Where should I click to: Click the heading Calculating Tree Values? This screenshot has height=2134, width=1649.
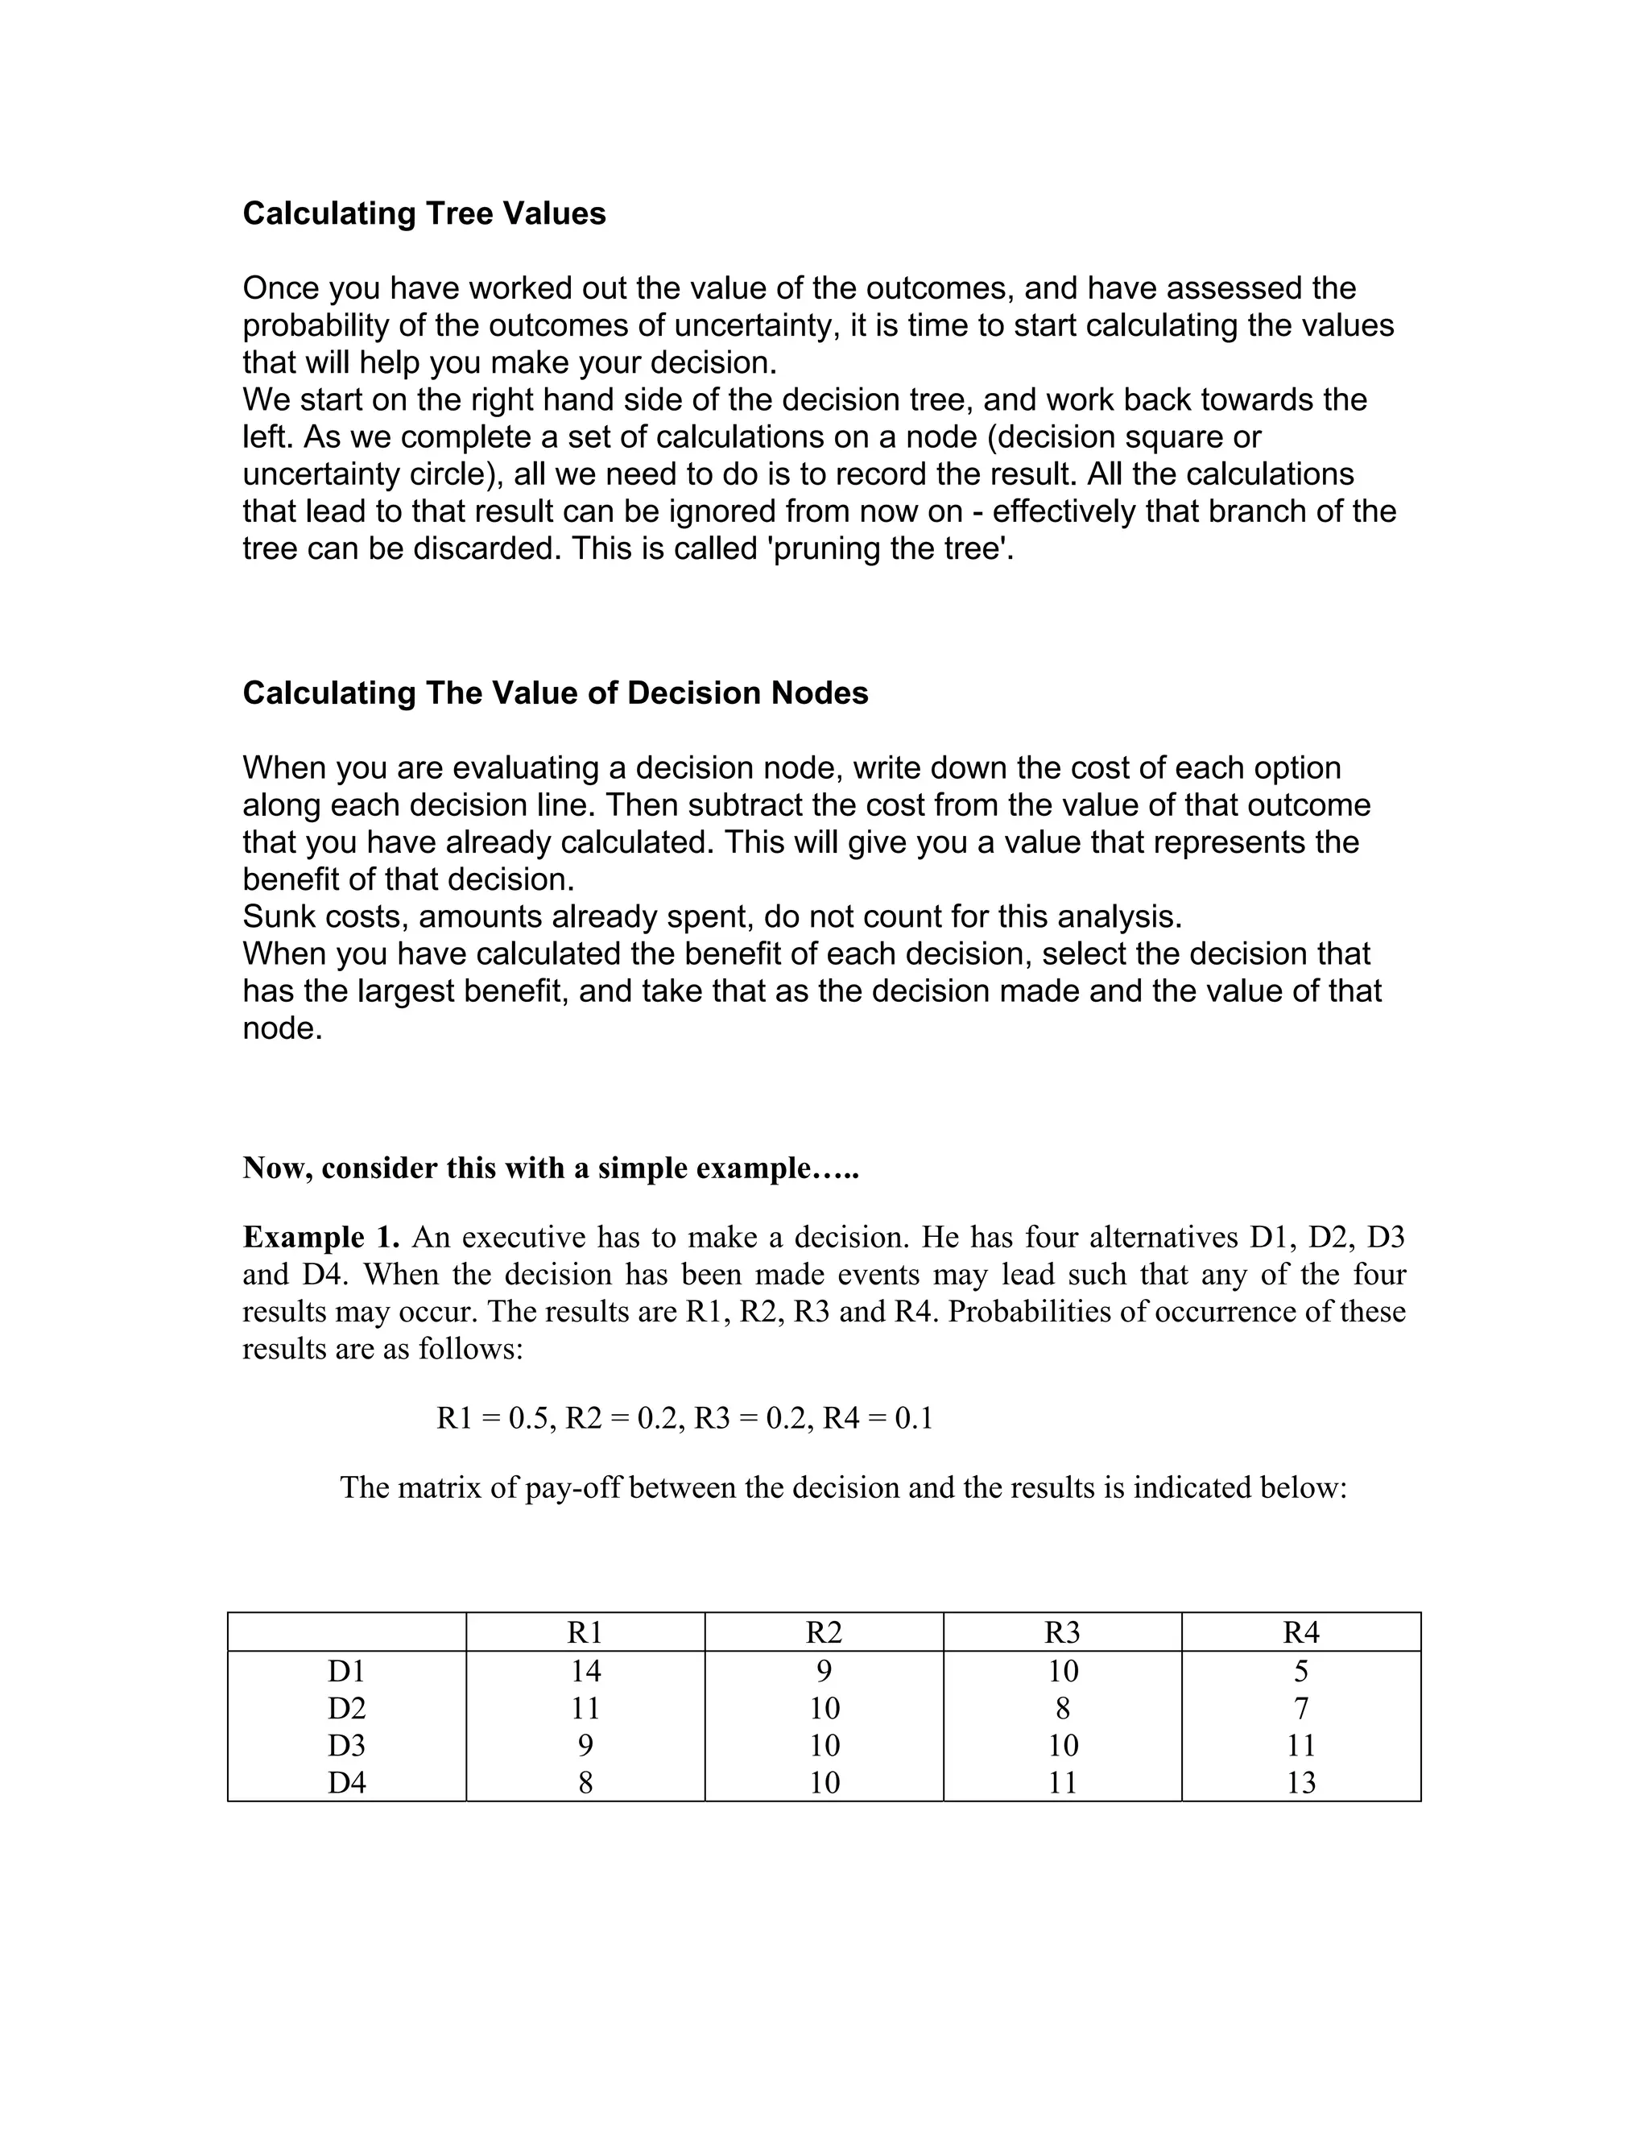(x=424, y=213)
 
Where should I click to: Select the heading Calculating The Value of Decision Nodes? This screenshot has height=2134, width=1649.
(x=555, y=693)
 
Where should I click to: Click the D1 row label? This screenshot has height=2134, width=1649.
(x=347, y=1671)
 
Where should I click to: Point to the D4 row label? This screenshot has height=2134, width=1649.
(x=347, y=1782)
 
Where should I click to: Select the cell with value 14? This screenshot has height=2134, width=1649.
(x=585, y=1671)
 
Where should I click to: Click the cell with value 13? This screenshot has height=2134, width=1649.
(x=1301, y=1782)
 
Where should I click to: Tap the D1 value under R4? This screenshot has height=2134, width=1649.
(x=1301, y=1671)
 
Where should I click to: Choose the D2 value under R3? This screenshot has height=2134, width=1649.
(x=1063, y=1708)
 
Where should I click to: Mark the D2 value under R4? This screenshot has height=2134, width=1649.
(x=1301, y=1708)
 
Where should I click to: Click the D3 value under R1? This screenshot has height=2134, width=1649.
(x=585, y=1745)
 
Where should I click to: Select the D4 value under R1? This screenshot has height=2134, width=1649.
(x=585, y=1782)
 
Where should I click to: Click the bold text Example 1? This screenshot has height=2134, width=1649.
(x=320, y=1237)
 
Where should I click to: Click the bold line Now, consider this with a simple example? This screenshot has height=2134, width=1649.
(x=550, y=1168)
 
